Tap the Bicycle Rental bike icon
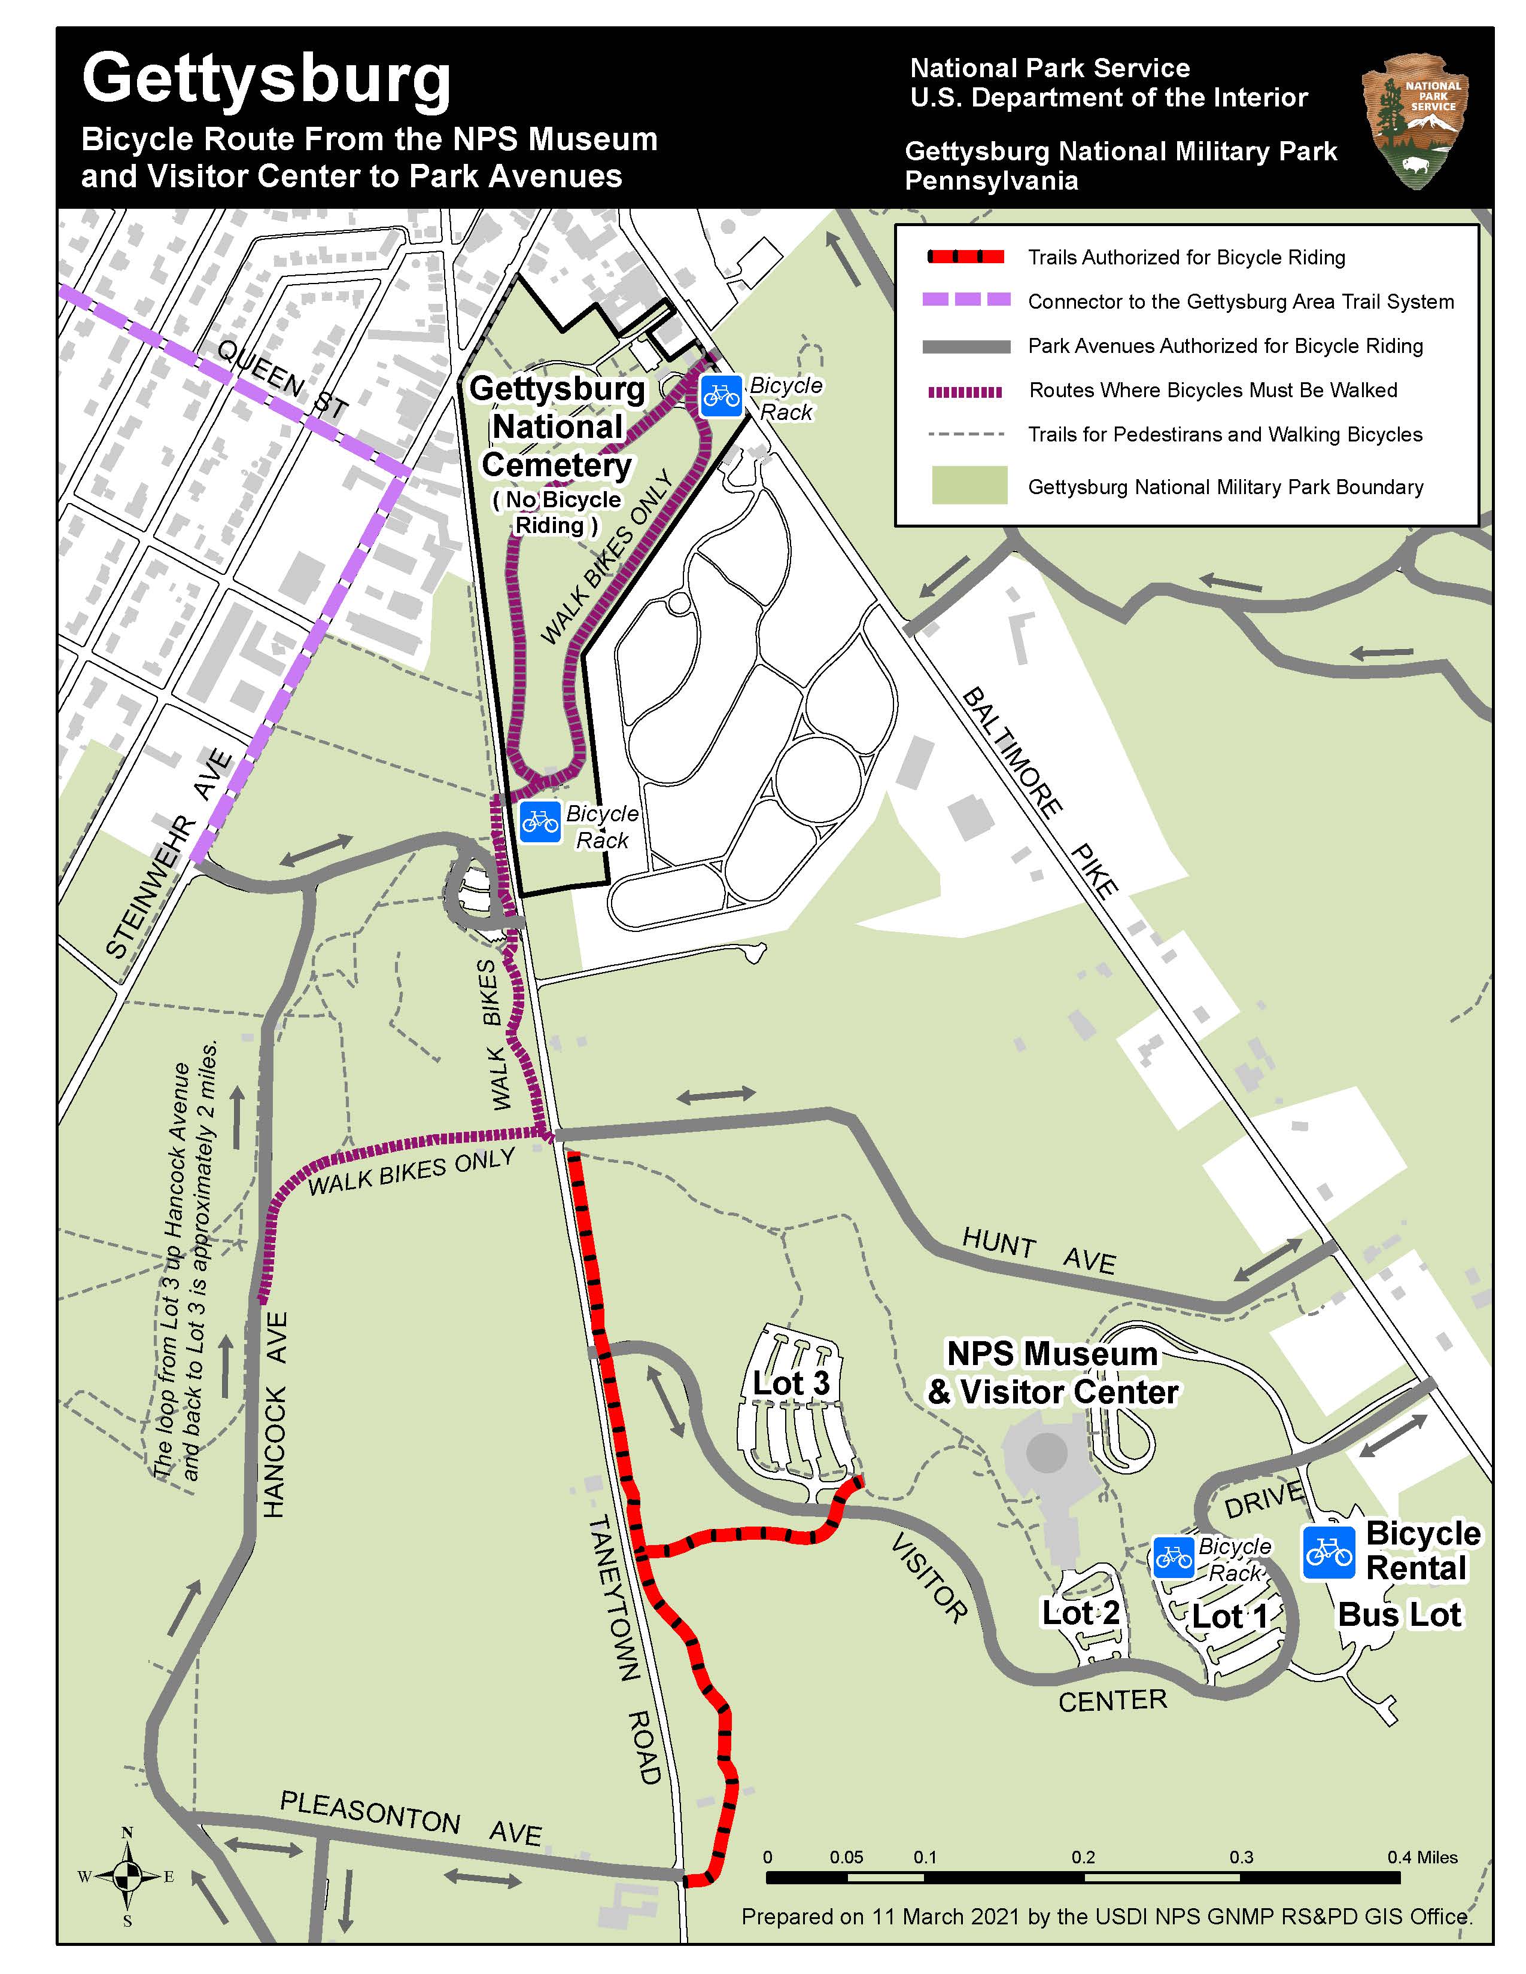point(1328,1553)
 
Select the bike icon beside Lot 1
point(1174,1556)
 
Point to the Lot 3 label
point(791,1383)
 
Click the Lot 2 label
point(1080,1612)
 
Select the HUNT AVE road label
point(1039,1251)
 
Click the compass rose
point(126,1876)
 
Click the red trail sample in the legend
point(965,257)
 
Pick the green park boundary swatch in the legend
point(969,485)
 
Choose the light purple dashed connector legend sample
point(965,300)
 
